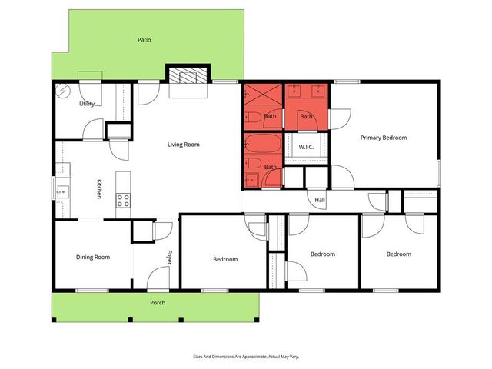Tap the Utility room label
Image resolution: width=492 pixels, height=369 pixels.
(x=86, y=104)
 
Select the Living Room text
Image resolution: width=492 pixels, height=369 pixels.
(x=184, y=144)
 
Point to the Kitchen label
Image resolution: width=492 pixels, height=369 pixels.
(x=99, y=189)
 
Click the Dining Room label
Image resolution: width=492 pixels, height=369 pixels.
(x=92, y=257)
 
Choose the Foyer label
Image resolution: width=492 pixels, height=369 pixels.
(x=170, y=257)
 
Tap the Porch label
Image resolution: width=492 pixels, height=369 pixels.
(x=157, y=303)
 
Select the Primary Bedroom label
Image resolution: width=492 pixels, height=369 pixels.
(x=384, y=138)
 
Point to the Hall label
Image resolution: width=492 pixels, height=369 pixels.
(x=320, y=200)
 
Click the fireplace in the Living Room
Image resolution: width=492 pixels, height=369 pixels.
(x=188, y=76)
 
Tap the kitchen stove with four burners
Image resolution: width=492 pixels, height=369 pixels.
(x=123, y=200)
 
